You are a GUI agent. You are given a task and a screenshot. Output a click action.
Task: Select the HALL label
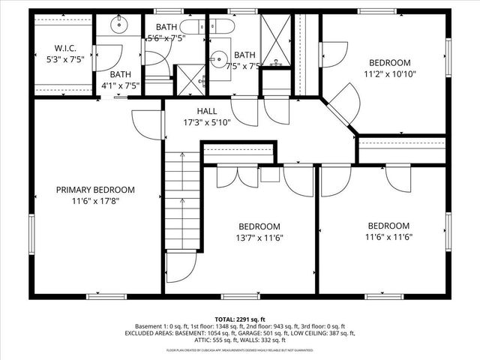[207, 110]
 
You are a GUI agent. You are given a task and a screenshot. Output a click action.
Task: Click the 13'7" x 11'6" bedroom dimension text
[259, 238]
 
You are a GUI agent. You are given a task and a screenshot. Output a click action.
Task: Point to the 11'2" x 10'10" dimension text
[389, 73]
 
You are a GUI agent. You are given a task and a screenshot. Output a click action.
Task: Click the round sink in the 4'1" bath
[120, 24]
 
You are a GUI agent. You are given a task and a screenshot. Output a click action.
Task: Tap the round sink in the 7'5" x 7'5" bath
[217, 58]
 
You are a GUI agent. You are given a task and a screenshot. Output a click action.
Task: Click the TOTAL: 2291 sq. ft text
[240, 319]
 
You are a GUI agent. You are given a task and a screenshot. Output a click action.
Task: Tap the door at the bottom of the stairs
[180, 268]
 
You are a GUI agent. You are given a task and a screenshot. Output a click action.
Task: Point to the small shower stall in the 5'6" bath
[186, 79]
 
